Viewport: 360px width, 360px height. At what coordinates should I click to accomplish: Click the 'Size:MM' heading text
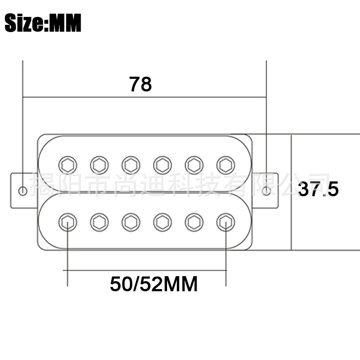point(43,23)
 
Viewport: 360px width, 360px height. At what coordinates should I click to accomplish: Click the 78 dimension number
point(140,84)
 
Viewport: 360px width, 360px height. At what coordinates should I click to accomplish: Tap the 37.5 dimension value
point(318,189)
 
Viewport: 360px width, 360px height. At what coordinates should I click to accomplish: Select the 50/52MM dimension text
point(154,284)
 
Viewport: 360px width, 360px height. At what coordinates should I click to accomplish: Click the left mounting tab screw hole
point(22,191)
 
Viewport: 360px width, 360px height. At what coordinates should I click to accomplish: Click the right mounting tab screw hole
point(266,191)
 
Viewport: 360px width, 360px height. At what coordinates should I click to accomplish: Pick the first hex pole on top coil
point(68,165)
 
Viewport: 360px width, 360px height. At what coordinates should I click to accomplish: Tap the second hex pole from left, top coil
point(99,165)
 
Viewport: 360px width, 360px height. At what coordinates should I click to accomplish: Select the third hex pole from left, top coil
point(131,165)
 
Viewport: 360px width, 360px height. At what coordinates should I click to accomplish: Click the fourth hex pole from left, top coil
point(162,165)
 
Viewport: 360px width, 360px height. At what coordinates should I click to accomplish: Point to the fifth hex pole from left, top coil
point(194,165)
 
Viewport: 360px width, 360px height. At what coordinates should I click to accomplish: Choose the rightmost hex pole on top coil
point(226,165)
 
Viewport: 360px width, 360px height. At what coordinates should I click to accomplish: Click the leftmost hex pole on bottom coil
point(68,222)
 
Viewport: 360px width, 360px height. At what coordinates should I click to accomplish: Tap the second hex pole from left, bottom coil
point(99,222)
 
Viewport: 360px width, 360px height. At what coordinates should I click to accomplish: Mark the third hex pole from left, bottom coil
point(131,222)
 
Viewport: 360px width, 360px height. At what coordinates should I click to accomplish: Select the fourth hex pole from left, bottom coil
point(162,222)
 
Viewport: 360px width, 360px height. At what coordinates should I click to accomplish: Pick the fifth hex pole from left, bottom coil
point(194,222)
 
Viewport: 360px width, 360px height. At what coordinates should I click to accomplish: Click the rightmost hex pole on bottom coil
point(226,222)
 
